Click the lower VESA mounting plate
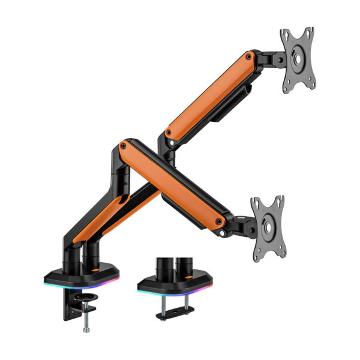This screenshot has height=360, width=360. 268,226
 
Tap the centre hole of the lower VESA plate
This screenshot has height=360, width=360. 268,227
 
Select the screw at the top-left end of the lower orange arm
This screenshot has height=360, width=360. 124,146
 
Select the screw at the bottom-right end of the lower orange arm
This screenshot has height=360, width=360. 220,222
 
